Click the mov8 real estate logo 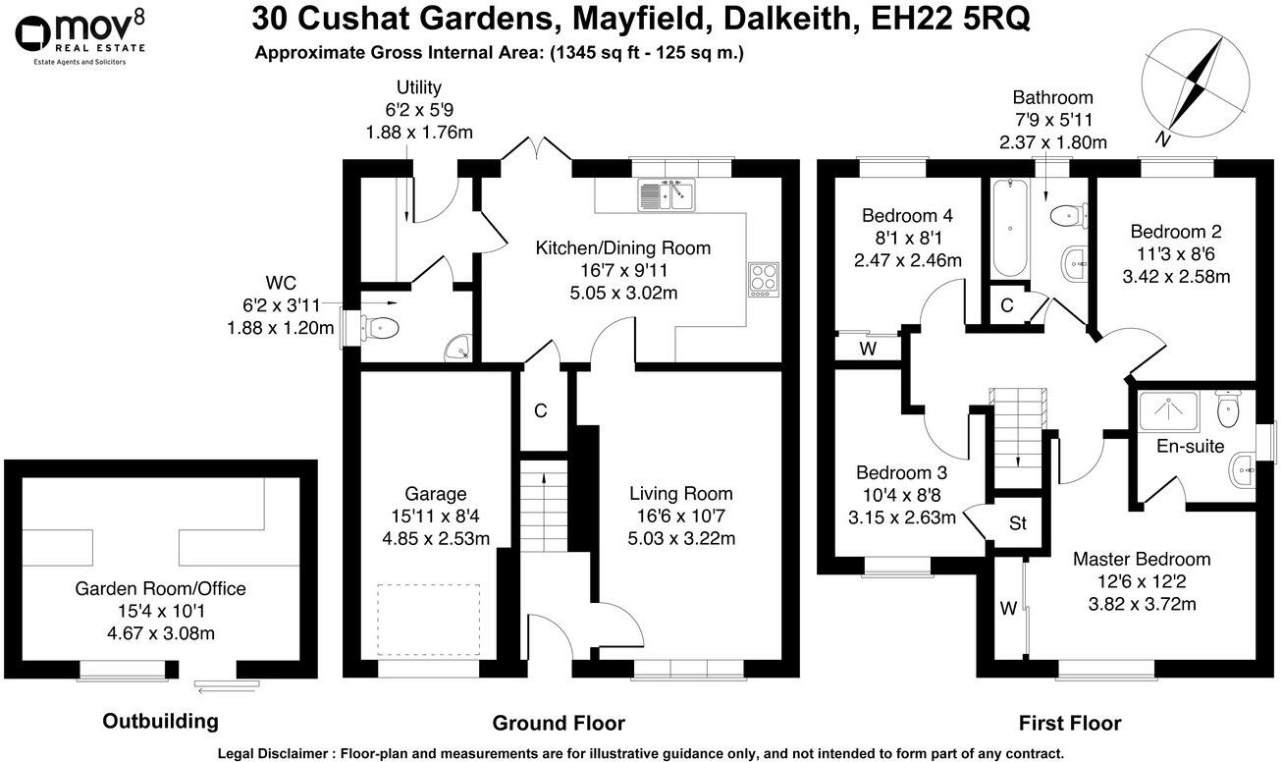80,37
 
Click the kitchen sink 666,196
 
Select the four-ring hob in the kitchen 763,279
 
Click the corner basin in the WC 458,347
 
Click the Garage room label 435,494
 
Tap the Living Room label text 680,494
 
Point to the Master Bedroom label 1141,559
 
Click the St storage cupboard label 1018,523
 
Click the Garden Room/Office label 160,589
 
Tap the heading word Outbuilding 160,722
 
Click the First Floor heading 1069,724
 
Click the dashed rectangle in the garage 428,621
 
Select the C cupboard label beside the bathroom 1006,305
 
